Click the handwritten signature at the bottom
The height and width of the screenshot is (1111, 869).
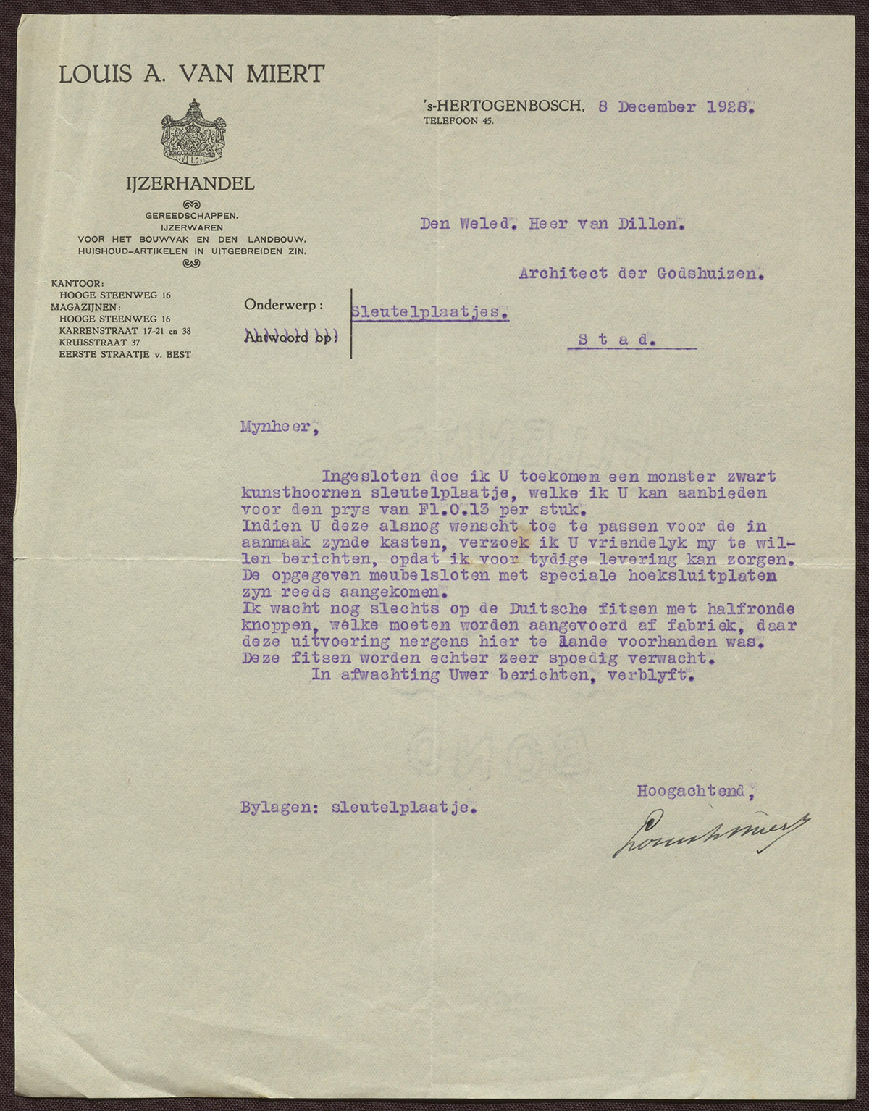(x=712, y=834)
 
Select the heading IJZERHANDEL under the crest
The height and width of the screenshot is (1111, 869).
(x=190, y=184)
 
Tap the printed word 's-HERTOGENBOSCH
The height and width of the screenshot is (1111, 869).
(x=504, y=106)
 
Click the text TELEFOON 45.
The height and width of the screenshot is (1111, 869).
(x=458, y=121)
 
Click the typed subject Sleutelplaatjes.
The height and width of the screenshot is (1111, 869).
(x=429, y=311)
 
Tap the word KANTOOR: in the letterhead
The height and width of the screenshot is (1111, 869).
(x=77, y=283)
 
